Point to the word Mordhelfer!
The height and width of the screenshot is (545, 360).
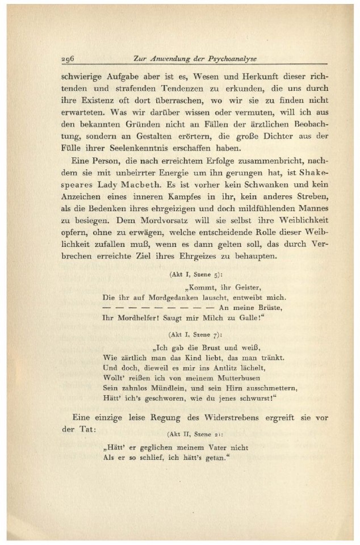pyautogui.click(x=127, y=318)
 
